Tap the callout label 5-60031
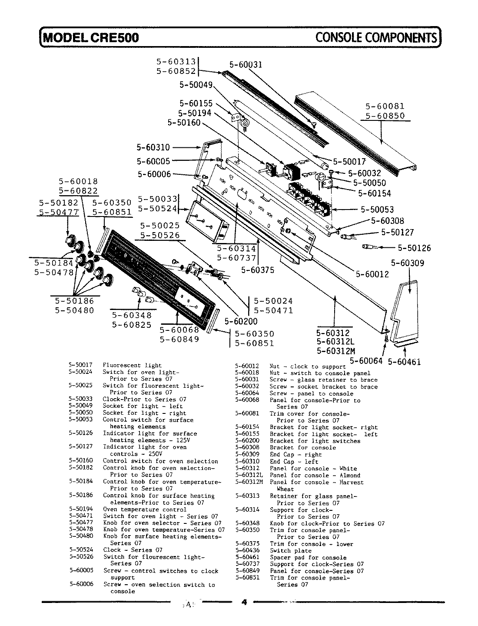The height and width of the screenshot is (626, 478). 246,65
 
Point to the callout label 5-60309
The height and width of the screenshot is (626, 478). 407,263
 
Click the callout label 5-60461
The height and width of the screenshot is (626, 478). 404,361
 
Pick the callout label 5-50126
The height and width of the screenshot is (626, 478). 414,248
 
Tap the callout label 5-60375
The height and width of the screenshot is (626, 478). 258,270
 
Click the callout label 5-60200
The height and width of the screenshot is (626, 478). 241,322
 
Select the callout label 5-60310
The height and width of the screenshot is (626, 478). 153,148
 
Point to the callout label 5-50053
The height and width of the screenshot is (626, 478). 377,210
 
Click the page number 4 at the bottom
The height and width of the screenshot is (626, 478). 244,602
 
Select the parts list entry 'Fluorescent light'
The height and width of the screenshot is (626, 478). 132,366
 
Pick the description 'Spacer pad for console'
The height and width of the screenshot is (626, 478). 308,558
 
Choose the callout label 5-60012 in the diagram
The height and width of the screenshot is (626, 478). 372,274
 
